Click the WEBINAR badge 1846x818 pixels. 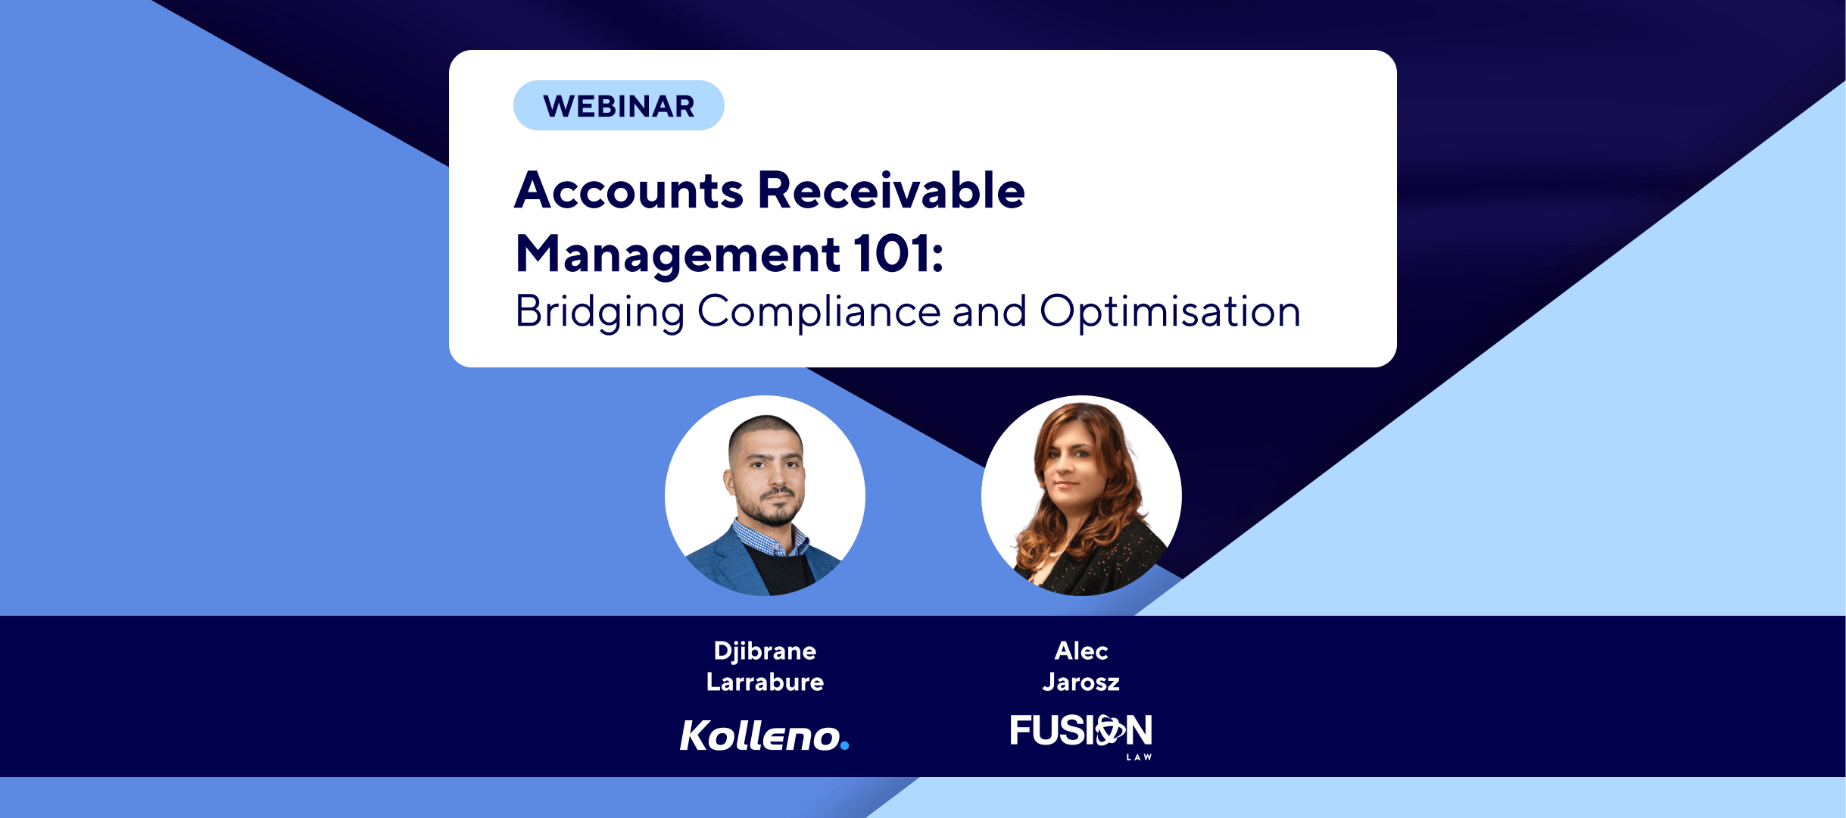click(619, 105)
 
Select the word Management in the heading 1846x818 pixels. click(678, 254)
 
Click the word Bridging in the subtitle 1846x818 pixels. click(600, 312)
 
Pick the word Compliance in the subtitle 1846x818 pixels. click(819, 311)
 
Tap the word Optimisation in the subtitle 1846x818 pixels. click(1170, 311)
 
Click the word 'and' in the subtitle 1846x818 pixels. click(990, 311)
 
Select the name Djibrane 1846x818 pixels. click(765, 651)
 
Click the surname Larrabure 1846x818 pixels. click(765, 682)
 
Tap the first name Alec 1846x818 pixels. click(1081, 651)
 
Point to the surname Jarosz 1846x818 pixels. click(1081, 682)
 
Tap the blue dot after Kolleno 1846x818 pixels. click(845, 745)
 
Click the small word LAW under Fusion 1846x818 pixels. click(1139, 757)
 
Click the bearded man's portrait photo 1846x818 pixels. click(765, 495)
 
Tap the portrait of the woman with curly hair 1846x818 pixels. click(1081, 495)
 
